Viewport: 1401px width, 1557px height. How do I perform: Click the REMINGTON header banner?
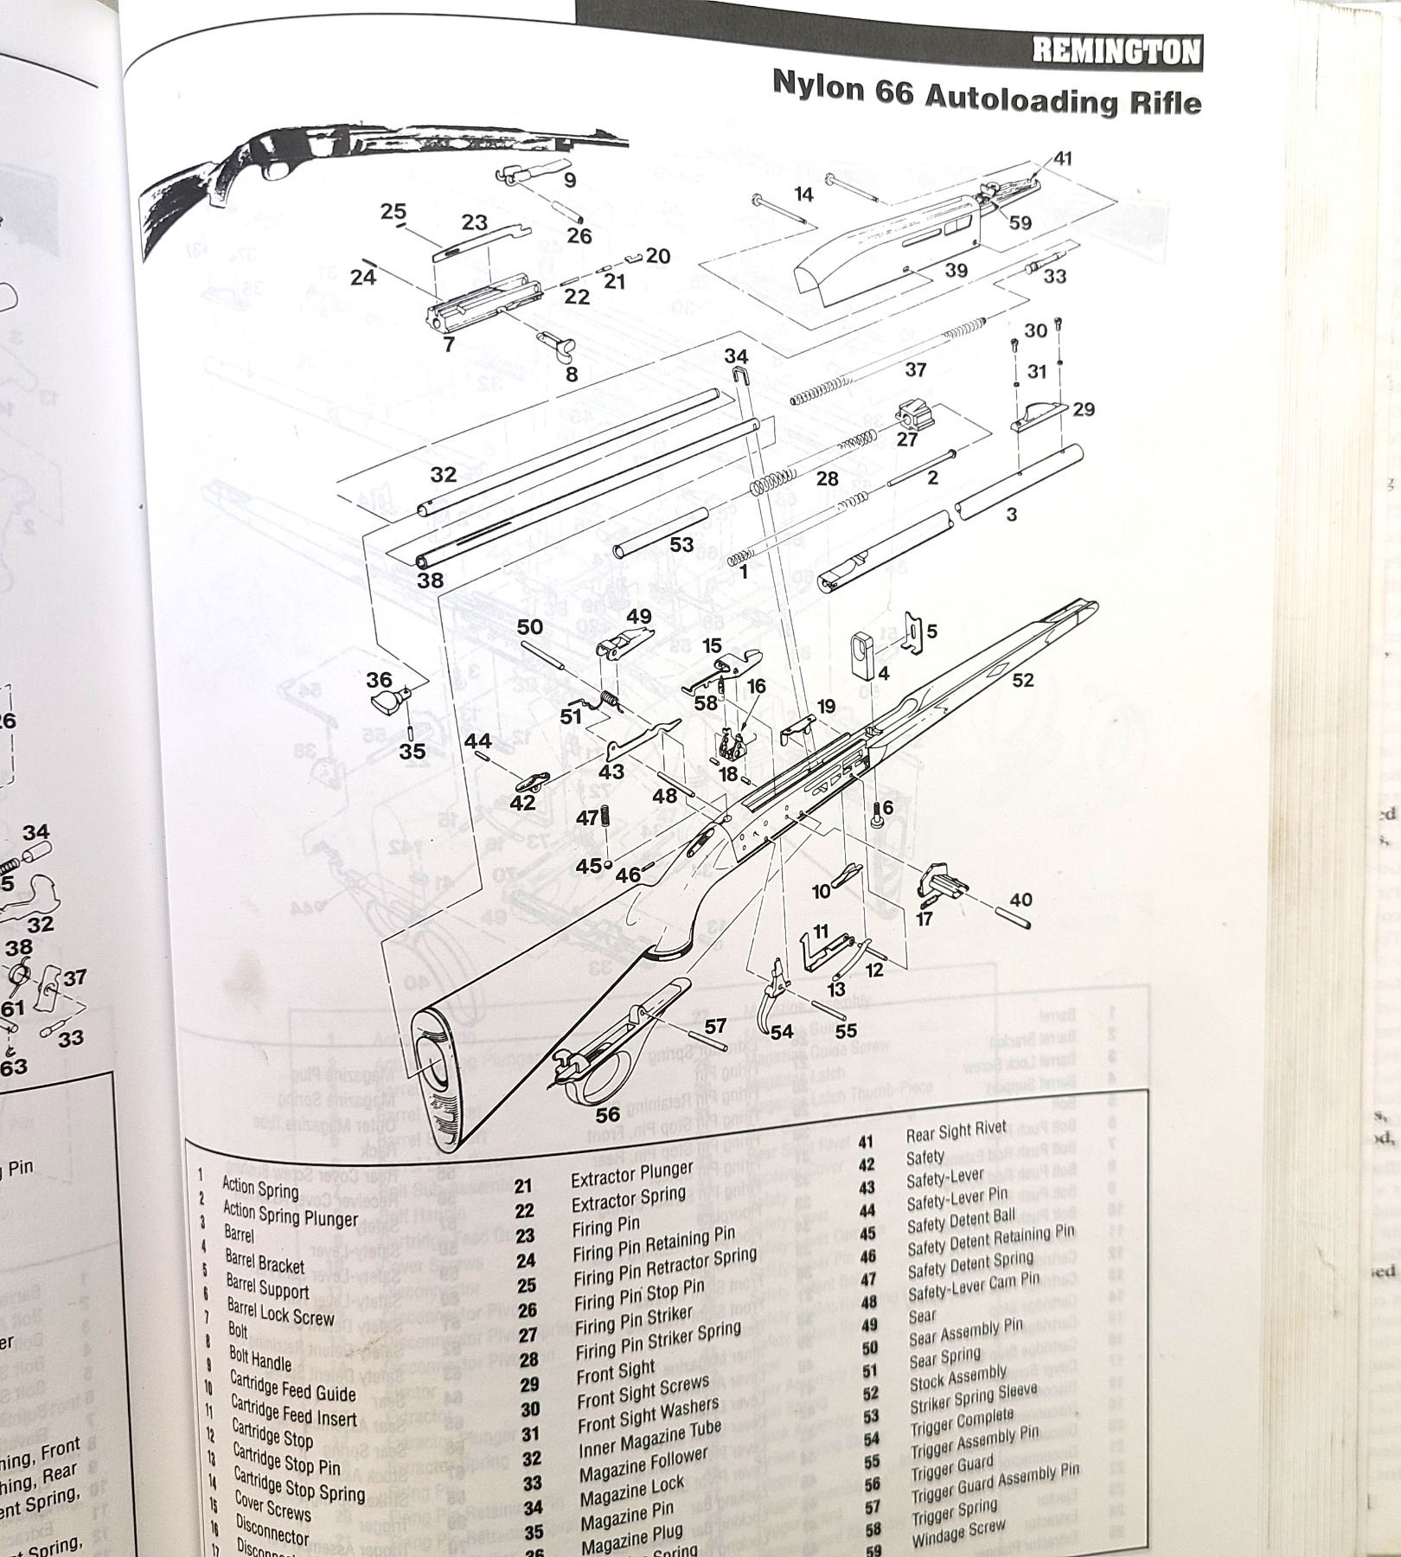pyautogui.click(x=1116, y=52)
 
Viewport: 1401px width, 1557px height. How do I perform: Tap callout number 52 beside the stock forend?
pyautogui.click(x=1023, y=680)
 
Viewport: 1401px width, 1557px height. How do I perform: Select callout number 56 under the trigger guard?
pyautogui.click(x=608, y=1114)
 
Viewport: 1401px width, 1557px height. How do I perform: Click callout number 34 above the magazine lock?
pyautogui.click(x=736, y=356)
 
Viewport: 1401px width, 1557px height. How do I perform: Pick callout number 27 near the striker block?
pyautogui.click(x=906, y=439)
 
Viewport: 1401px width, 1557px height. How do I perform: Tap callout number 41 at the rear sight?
pyautogui.click(x=1063, y=158)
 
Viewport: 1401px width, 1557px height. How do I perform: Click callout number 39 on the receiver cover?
pyautogui.click(x=956, y=271)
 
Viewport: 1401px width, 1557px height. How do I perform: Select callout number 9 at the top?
pyautogui.click(x=569, y=181)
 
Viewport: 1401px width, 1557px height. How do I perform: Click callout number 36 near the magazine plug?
pyautogui.click(x=379, y=680)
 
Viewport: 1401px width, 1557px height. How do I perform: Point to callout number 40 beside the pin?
pyautogui.click(x=1020, y=900)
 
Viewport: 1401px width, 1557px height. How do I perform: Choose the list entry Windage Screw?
pyautogui.click(x=959, y=1532)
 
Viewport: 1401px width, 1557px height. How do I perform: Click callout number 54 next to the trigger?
pyautogui.click(x=782, y=1031)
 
